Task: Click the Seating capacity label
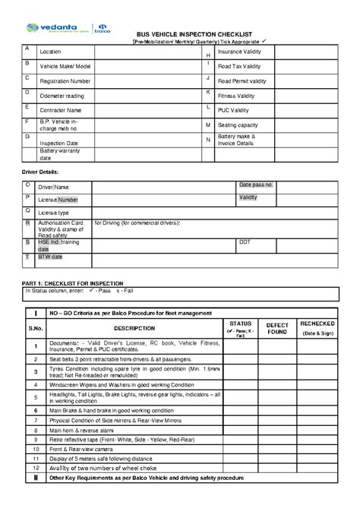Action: [x=241, y=124]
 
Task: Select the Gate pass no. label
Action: [x=257, y=185]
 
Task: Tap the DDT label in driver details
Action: [x=245, y=242]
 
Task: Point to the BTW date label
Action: [x=52, y=257]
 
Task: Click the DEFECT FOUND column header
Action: [x=277, y=327]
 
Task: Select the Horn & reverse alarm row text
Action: [x=81, y=429]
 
